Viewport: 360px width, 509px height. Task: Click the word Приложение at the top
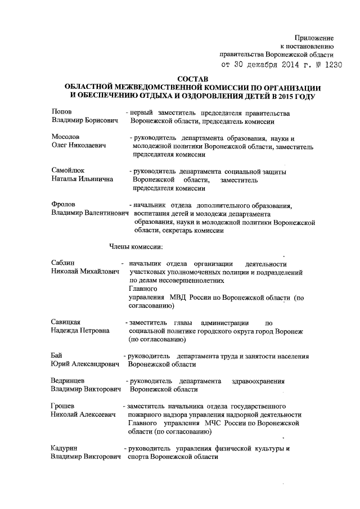tap(315, 37)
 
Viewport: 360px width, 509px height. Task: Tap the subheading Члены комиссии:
tap(136, 246)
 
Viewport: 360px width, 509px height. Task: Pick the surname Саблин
tap(63, 263)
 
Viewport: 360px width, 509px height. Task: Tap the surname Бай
tap(56, 356)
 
